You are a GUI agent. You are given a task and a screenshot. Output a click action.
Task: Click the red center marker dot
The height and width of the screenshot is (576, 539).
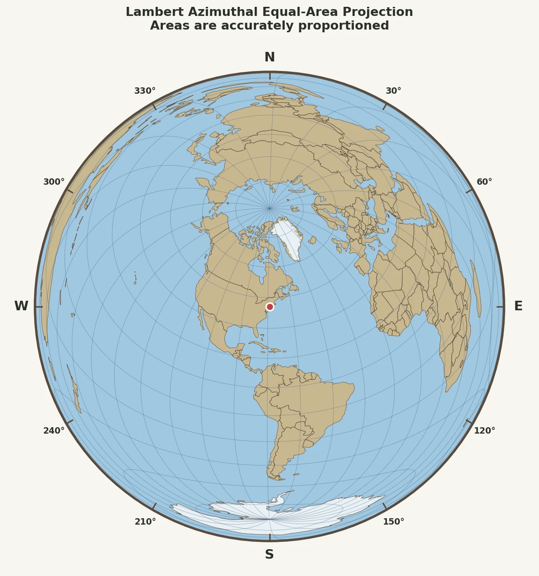[x=270, y=307]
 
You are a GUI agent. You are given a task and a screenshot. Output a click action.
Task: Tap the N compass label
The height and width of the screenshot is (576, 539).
[x=270, y=57]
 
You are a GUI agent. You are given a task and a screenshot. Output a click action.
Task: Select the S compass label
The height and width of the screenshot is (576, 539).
[x=269, y=555]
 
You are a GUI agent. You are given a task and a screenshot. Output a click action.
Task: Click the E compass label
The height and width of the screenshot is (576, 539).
[x=518, y=306]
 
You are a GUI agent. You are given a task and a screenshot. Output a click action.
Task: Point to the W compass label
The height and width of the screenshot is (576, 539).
[x=21, y=306]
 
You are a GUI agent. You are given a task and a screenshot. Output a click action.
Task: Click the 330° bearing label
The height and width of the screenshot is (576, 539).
[x=145, y=91]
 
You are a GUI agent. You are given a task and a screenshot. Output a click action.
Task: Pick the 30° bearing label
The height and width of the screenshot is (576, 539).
[x=393, y=91]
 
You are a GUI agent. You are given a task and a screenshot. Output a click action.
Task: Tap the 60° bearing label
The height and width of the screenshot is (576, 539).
[x=484, y=182]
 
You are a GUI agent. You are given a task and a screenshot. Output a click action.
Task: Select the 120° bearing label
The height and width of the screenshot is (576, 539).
[x=484, y=431]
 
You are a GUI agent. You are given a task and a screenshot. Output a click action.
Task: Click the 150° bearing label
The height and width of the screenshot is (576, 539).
[x=393, y=522]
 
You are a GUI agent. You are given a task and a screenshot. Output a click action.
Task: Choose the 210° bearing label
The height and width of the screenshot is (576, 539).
[x=145, y=522]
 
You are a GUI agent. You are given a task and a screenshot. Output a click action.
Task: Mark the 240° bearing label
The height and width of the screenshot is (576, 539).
[x=54, y=431]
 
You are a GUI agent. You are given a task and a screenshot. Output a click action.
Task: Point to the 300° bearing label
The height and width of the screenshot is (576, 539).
[x=54, y=182]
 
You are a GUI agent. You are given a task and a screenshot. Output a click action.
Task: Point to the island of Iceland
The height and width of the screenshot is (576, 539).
[x=312, y=240]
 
